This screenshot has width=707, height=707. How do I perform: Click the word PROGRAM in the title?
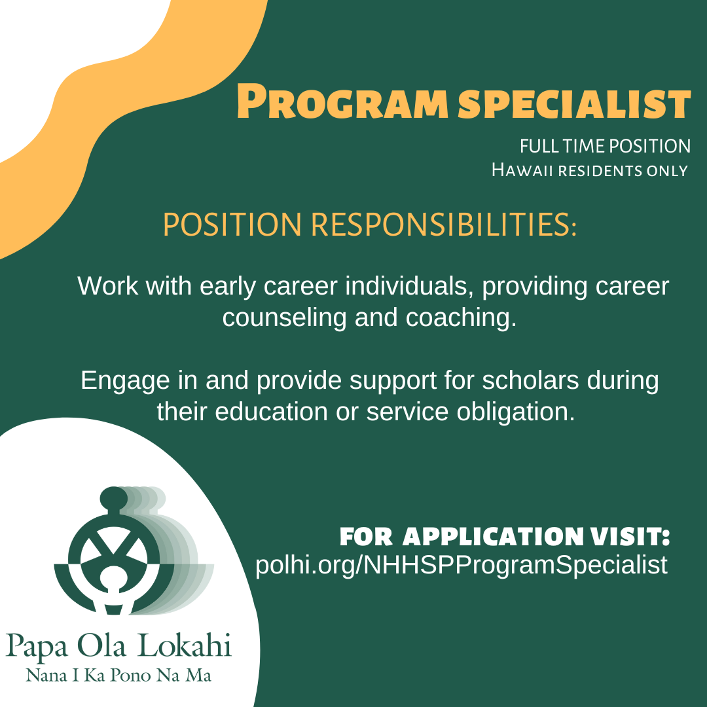coord(342,101)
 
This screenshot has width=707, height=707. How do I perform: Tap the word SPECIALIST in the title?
coord(575,103)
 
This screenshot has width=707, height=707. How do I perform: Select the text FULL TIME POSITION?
coord(605,146)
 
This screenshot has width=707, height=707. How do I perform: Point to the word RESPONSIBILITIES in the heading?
coord(444,224)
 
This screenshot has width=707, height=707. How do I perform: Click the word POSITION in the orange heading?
coord(232,224)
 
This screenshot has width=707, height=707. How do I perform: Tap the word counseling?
coord(285,318)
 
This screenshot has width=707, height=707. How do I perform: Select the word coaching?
coord(461,318)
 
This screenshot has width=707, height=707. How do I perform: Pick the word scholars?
coord(530,380)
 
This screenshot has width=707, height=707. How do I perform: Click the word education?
coord(271,412)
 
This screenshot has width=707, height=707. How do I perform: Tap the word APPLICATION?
coord(493,537)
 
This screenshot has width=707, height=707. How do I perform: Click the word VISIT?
coord(630,537)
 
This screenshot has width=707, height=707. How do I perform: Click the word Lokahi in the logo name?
coord(185,645)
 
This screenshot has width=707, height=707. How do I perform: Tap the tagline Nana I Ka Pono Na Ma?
coord(118,675)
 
